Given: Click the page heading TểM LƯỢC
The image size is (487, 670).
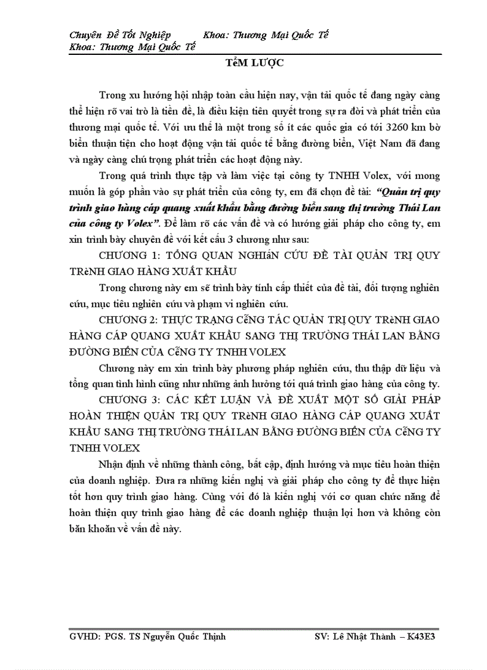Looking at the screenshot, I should click(246, 63).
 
